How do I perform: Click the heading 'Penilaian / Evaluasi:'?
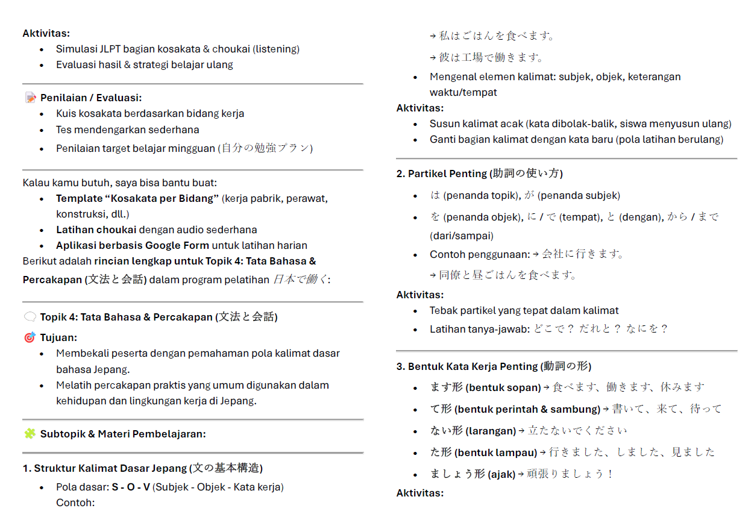(91, 98)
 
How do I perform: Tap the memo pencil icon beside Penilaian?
(30, 98)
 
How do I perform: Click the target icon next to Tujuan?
(30, 337)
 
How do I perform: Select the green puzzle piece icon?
(30, 433)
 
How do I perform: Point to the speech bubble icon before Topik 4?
(30, 317)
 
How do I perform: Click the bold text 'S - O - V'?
(131, 487)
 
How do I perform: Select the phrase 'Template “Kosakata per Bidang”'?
(137, 198)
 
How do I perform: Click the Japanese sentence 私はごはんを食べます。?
(497, 36)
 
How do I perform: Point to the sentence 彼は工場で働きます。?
(491, 58)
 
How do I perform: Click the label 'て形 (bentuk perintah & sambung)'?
(515, 409)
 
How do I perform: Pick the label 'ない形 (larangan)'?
(473, 431)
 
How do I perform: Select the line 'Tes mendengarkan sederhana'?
(128, 130)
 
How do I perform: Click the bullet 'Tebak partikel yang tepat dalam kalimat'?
(524, 310)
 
